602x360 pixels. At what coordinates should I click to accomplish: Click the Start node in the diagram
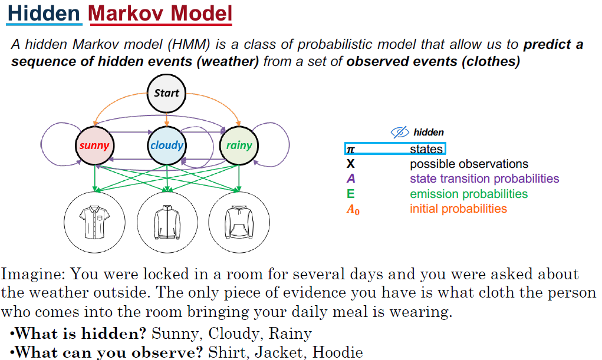[x=166, y=93]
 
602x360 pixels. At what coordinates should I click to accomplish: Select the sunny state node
[x=94, y=145]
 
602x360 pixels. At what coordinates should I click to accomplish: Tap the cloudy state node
[x=167, y=145]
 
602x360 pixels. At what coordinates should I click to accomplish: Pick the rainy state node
[x=239, y=145]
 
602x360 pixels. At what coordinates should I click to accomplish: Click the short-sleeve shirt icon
[x=94, y=221]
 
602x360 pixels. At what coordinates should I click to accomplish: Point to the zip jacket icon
[x=167, y=221]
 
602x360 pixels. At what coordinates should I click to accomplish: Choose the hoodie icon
[x=238, y=221]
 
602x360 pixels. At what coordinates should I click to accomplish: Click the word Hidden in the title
[x=44, y=13]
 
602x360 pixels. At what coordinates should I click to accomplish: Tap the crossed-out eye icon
[x=400, y=133]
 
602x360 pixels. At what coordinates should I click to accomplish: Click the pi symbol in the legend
[x=351, y=150]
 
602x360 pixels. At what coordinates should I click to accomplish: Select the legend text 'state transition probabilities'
[x=485, y=179]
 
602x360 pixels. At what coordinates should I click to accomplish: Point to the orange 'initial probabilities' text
[x=458, y=209]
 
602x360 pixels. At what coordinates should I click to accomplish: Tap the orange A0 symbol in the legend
[x=353, y=209]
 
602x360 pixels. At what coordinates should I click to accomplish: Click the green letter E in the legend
[x=351, y=194]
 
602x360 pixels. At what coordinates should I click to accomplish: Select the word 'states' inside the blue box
[x=426, y=149]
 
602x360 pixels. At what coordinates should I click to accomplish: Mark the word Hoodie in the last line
[x=337, y=352]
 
